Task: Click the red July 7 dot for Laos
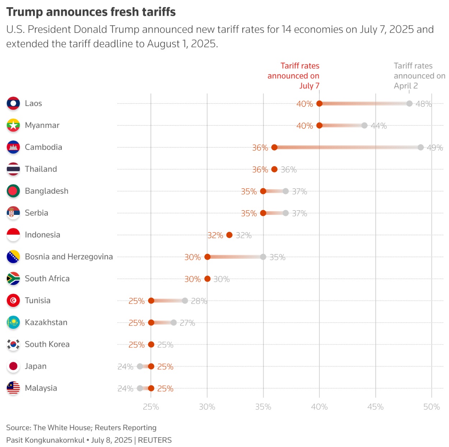point(319,104)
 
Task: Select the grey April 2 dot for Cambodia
point(421,147)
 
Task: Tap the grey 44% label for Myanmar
point(379,126)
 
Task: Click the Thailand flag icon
point(13,169)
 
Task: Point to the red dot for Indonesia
point(230,235)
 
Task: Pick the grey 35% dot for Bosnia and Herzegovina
point(263,257)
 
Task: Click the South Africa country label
point(47,278)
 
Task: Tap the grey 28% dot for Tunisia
point(185,301)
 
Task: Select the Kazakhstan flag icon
point(13,322)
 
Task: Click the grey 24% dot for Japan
point(140,367)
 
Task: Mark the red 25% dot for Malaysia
point(151,388)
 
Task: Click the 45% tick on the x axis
point(375,407)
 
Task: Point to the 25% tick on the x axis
point(151,407)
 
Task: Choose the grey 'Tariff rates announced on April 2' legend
point(419,76)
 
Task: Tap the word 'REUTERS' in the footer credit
point(155,440)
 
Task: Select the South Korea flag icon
point(13,344)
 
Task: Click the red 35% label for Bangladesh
point(249,192)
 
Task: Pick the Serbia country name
point(36,213)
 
